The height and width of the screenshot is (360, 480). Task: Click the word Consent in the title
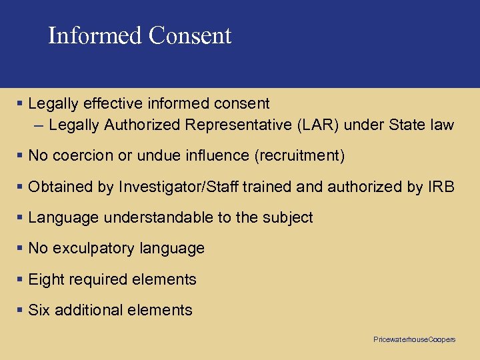[190, 35]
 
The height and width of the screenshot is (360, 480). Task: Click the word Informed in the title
[95, 35]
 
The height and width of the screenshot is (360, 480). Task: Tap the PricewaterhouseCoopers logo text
[415, 339]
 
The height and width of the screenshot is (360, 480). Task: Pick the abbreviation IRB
[441, 187]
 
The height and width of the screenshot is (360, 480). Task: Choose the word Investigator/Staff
[179, 187]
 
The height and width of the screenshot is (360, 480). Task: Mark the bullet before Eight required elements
[21, 279]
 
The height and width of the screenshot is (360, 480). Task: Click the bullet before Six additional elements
[21, 310]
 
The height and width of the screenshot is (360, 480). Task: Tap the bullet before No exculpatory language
[21, 249]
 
